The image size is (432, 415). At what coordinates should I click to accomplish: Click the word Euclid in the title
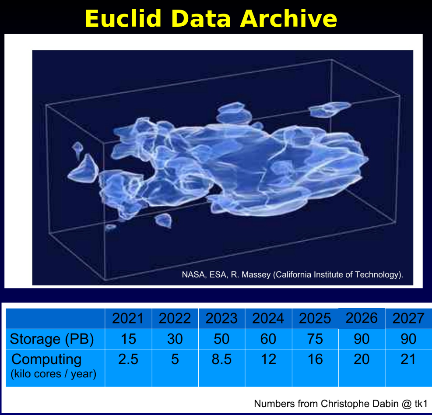[x=123, y=18]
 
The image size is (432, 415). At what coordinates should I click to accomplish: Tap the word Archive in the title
[x=289, y=18]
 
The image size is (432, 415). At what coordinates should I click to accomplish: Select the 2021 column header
[x=128, y=318]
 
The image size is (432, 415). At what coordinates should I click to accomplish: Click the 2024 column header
[x=268, y=318]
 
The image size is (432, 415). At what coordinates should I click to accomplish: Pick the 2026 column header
[x=362, y=318]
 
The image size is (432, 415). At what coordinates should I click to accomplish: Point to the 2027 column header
[x=408, y=318]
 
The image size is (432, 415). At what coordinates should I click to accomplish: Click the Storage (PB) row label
[x=52, y=339]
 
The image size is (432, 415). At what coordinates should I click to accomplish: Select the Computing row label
[x=46, y=359]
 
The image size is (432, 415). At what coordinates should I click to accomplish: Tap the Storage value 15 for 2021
[x=128, y=339]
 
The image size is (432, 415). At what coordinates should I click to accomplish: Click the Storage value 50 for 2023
[x=221, y=339]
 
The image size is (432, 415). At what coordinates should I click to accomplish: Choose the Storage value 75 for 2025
[x=315, y=339]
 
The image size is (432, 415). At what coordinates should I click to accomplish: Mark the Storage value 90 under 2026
[x=362, y=339]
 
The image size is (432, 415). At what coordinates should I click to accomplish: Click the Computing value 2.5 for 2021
[x=128, y=359]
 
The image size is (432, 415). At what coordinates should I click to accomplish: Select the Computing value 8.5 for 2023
[x=221, y=359]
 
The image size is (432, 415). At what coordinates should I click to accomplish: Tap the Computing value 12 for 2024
[x=268, y=359]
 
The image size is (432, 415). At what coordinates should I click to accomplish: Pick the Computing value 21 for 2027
[x=408, y=359]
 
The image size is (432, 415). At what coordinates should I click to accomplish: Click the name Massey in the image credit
[x=256, y=275]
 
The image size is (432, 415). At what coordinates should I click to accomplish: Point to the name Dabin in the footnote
[x=386, y=404]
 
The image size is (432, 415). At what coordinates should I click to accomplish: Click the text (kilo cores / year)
[x=53, y=374]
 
